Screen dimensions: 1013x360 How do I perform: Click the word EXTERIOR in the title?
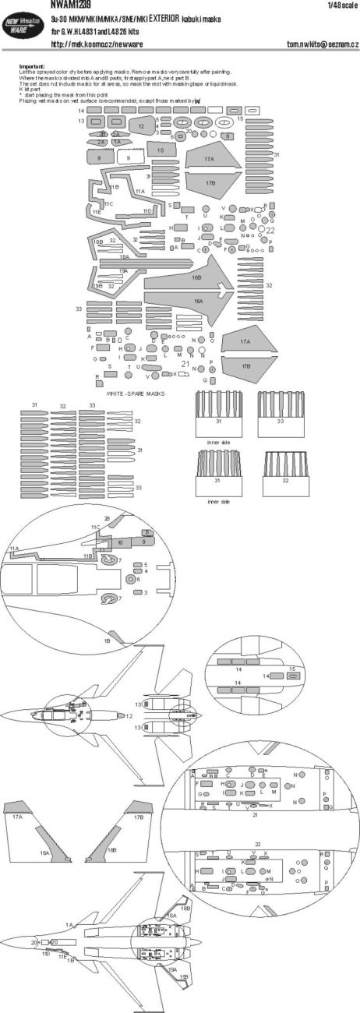pyautogui.click(x=210, y=16)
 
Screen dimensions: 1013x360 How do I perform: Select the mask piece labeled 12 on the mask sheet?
pyautogui.click(x=141, y=127)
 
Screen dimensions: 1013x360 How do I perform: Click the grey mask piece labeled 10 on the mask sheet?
pyautogui.click(x=161, y=150)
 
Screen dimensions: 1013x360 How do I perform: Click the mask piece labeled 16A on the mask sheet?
pyautogui.click(x=199, y=300)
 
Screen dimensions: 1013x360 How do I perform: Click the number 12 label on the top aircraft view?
pyautogui.click(x=129, y=715)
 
